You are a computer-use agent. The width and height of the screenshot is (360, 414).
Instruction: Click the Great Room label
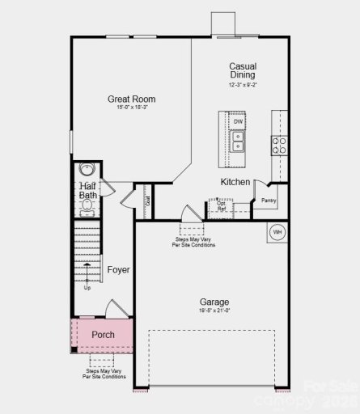click(132, 99)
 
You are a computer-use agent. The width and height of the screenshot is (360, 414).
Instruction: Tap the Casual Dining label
click(243, 71)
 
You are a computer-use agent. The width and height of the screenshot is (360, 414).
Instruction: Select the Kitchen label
click(235, 182)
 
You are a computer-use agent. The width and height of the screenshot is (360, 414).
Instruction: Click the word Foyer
click(119, 270)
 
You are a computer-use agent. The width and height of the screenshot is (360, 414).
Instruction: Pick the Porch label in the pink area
click(103, 335)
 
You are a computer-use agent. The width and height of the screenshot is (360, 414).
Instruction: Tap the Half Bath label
click(88, 191)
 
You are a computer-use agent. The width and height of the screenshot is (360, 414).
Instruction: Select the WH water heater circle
click(277, 233)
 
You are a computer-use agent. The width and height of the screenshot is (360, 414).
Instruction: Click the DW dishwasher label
click(238, 121)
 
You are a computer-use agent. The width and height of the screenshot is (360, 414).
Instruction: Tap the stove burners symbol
click(278, 145)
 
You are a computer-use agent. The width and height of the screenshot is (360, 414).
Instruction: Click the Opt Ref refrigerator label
click(222, 205)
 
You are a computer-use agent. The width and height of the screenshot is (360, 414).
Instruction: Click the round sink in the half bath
click(87, 171)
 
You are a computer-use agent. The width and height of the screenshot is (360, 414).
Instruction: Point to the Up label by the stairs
click(87, 287)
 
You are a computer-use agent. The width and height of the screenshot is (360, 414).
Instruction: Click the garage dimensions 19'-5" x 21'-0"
click(214, 310)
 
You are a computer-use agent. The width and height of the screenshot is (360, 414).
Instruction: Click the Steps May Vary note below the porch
click(104, 374)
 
